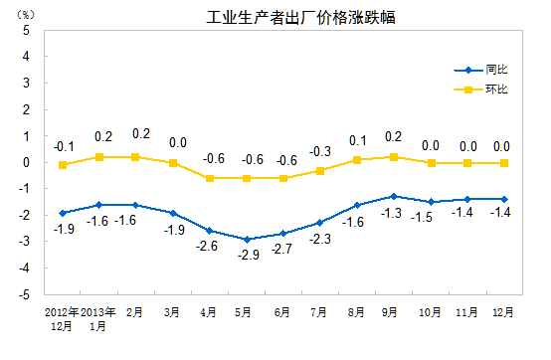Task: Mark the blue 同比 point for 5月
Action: (x=247, y=239)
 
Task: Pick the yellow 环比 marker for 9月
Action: (x=395, y=157)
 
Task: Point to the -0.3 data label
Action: (x=320, y=152)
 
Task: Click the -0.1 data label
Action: (x=64, y=146)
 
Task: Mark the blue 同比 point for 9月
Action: (x=395, y=196)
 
